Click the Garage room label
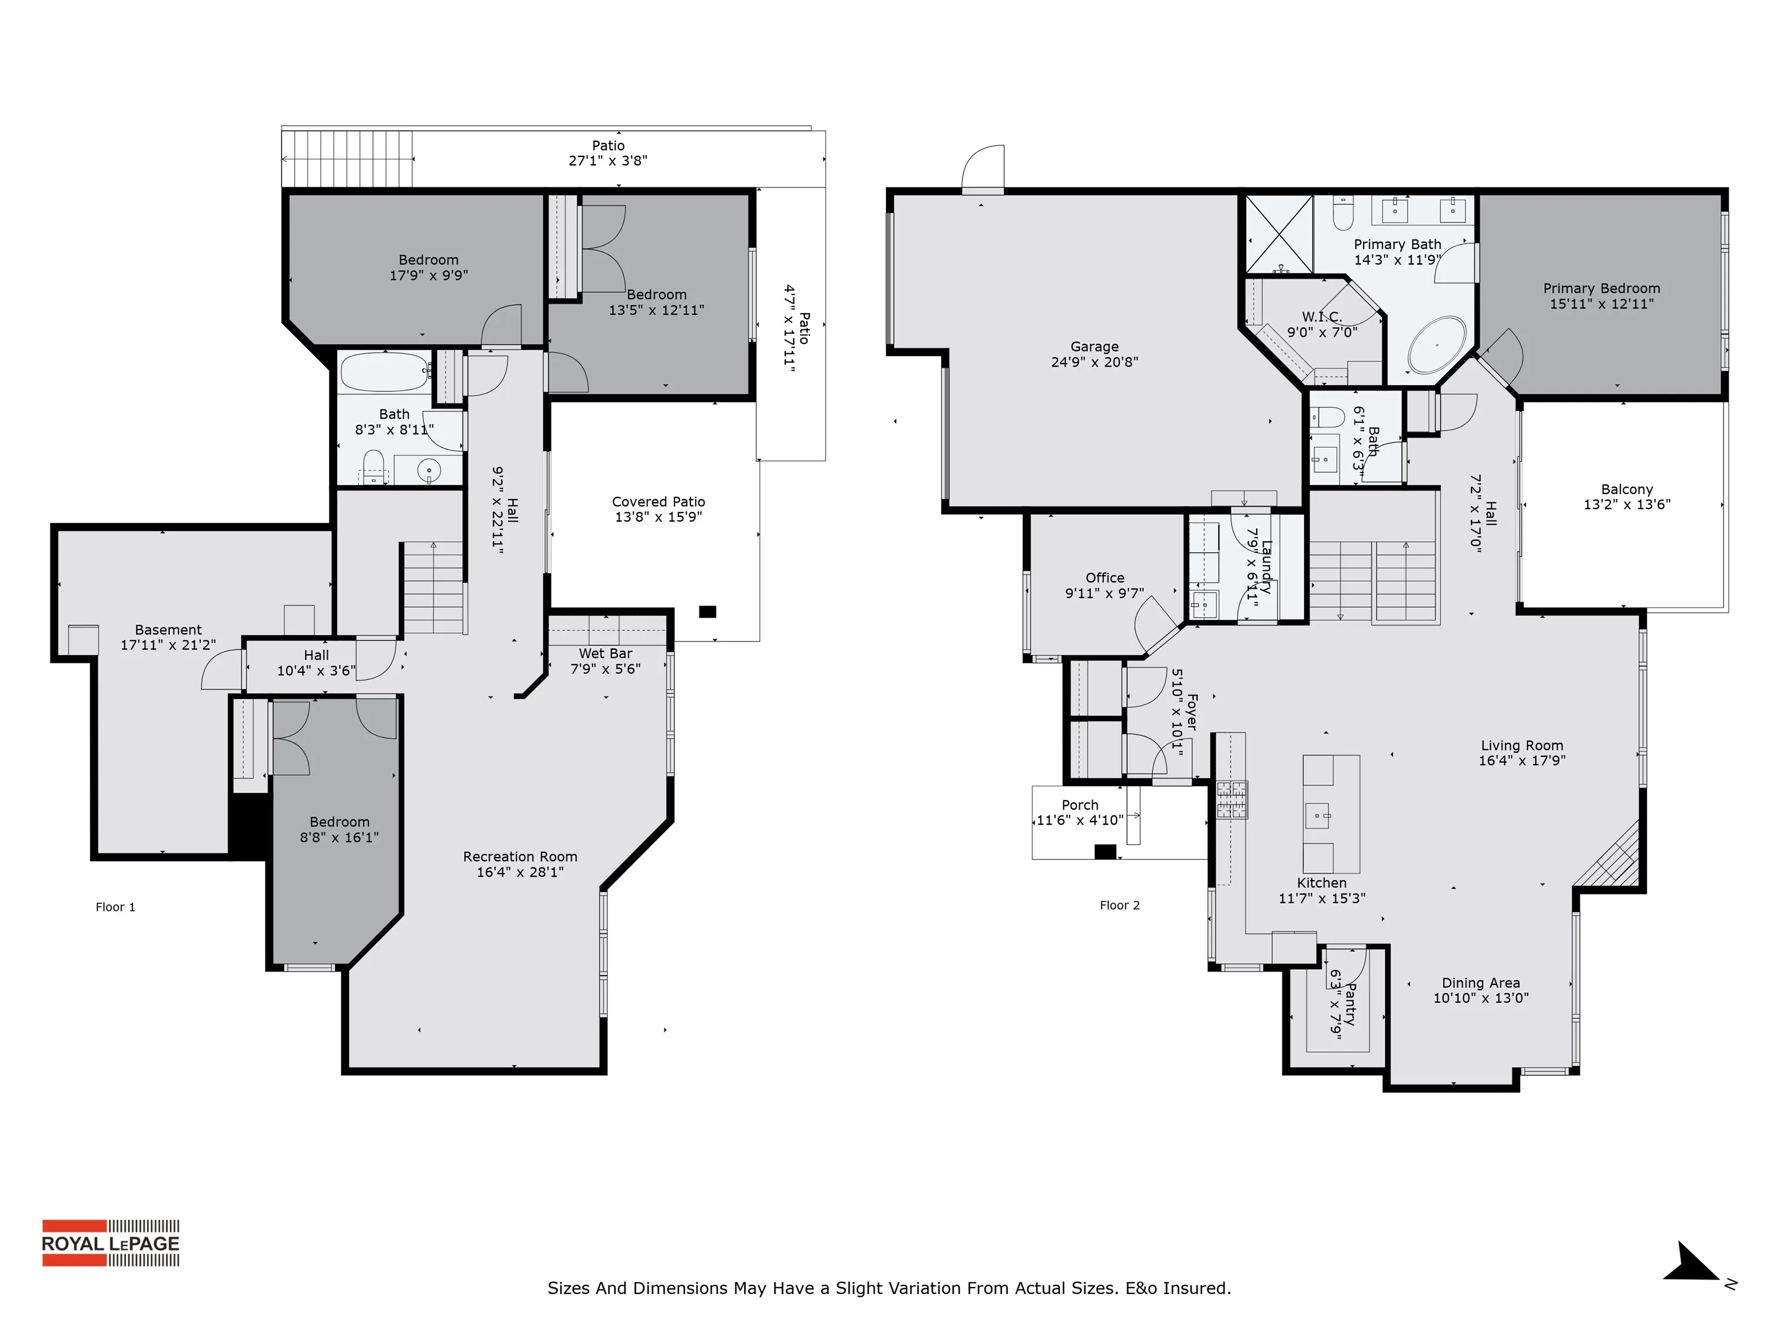[x=1094, y=347]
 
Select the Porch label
[x=1079, y=805]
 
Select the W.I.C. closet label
[x=1322, y=317]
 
